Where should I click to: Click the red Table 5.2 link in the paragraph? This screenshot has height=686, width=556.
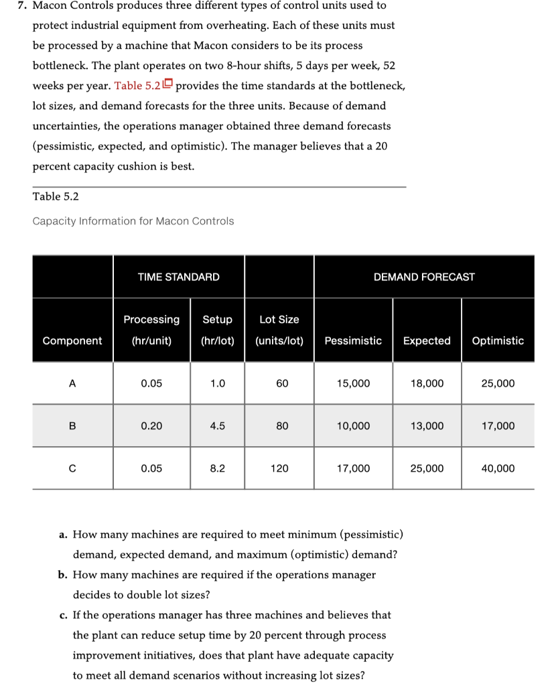pos(138,86)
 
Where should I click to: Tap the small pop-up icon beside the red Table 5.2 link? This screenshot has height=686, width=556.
pos(168,84)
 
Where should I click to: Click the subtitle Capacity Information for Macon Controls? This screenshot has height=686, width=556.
pos(133,221)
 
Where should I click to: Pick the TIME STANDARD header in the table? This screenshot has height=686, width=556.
pos(178,277)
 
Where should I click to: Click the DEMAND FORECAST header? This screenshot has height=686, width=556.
pos(424,277)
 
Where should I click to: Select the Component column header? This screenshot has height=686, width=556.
pos(72,340)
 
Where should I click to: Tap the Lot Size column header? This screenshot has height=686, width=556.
pos(279,320)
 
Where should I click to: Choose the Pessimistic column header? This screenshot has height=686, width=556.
pos(353,340)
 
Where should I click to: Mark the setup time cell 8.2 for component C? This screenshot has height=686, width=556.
pos(217,468)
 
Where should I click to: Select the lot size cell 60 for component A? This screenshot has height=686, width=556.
pos(282,383)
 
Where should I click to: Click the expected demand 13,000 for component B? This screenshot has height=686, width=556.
pos(427,426)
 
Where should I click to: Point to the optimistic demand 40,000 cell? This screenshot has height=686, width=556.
pos(498,468)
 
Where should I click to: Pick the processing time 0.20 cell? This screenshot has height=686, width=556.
pos(151,426)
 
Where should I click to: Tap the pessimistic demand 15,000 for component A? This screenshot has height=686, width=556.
pos(353,383)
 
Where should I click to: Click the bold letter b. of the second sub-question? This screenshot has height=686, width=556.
pos(62,575)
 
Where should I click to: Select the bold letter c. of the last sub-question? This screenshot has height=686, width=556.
pos(62,615)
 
